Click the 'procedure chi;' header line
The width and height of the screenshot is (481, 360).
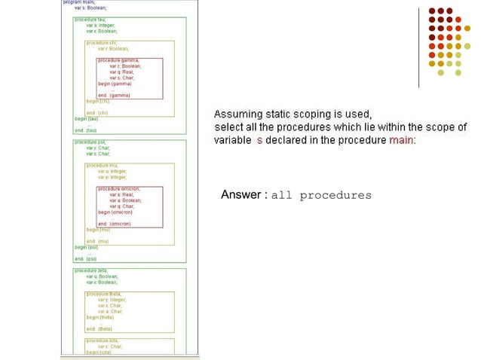(x=101, y=43)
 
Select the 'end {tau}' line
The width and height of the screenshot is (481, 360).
(x=85, y=130)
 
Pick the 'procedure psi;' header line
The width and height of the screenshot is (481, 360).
(x=89, y=142)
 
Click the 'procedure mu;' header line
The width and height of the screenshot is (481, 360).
(x=101, y=165)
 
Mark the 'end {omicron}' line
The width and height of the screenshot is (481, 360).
(x=119, y=224)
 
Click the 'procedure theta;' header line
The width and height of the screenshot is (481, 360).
(x=103, y=293)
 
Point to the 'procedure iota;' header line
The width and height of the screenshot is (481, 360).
(x=102, y=340)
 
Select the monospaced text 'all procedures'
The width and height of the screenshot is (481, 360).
(x=320, y=196)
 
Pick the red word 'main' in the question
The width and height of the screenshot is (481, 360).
(x=401, y=140)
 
